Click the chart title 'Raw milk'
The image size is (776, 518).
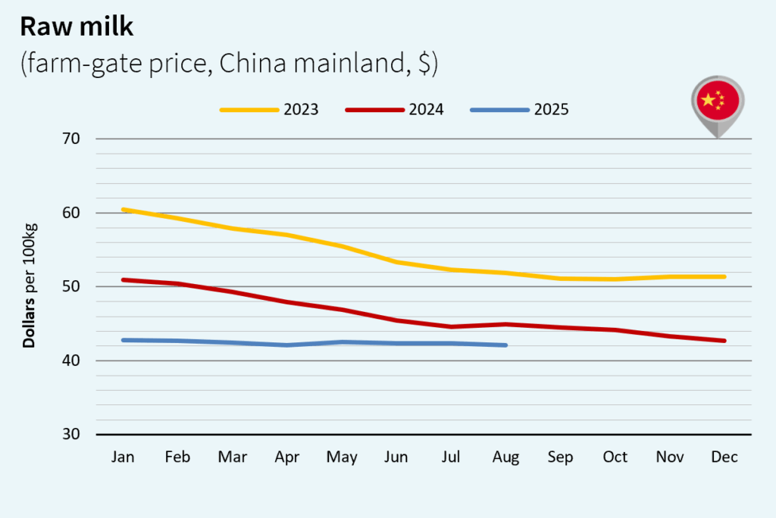(x=76, y=27)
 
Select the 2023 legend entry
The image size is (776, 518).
(x=269, y=110)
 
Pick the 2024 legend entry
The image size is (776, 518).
(x=394, y=110)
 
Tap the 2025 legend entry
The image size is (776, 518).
(x=519, y=110)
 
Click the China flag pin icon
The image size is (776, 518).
(x=717, y=102)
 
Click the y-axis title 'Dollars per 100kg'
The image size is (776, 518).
(x=30, y=286)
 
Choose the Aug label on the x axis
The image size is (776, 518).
(x=505, y=457)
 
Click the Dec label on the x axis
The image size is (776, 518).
(x=724, y=457)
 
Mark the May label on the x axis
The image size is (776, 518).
(x=341, y=457)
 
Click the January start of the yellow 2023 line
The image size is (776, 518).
(x=124, y=210)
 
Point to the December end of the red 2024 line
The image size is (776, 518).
(x=724, y=341)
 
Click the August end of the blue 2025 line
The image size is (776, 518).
(x=505, y=345)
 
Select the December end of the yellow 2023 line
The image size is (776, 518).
(x=724, y=276)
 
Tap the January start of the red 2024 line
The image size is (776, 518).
(x=124, y=279)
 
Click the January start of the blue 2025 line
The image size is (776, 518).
(x=124, y=340)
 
